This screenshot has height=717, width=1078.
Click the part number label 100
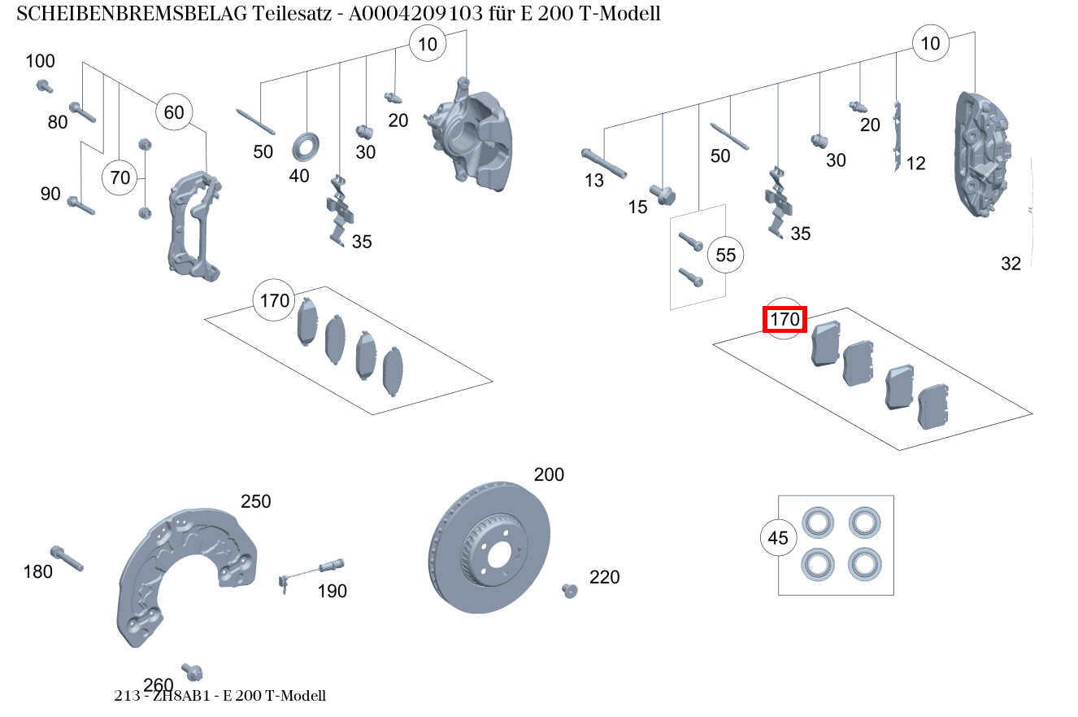[40, 61]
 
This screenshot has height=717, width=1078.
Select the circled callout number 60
[174, 112]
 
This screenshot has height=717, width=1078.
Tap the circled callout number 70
[120, 177]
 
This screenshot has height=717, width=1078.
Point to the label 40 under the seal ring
[299, 175]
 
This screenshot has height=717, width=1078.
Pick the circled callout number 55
[725, 256]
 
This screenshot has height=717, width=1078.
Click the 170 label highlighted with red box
[785, 320]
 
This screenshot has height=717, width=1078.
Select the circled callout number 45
[778, 538]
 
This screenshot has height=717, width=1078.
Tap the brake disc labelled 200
[489, 547]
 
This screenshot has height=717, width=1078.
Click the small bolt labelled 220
[569, 590]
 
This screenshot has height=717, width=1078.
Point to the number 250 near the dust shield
[255, 501]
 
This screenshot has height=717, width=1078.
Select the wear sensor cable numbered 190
[313, 568]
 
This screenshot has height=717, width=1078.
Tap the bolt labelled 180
[66, 558]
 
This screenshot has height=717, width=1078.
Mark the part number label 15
[637, 208]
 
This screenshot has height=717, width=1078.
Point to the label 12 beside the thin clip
[915, 164]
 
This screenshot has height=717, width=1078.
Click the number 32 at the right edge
[1011, 264]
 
